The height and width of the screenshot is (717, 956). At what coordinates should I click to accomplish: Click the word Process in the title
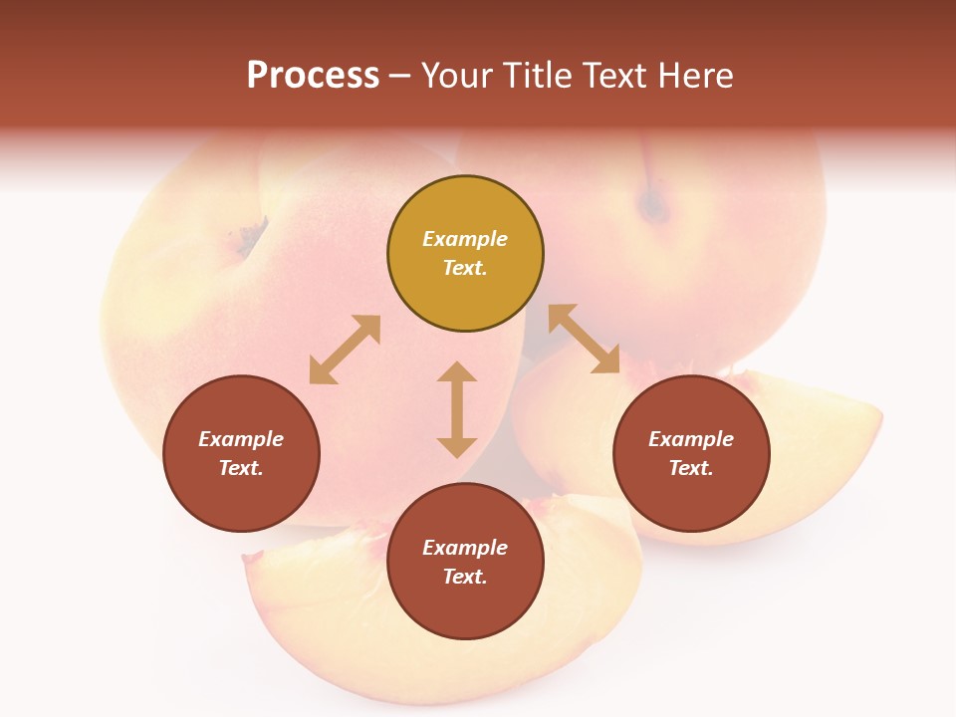[x=313, y=76]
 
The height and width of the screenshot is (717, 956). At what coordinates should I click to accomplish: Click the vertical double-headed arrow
[x=457, y=409]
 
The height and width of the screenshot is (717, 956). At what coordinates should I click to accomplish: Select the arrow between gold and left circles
[x=345, y=350]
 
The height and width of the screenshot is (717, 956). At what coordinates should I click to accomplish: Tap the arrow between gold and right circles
[x=584, y=339]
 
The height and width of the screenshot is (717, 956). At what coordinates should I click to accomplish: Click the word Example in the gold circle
[x=465, y=239]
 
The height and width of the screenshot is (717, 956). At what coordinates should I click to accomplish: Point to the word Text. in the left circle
[x=241, y=468]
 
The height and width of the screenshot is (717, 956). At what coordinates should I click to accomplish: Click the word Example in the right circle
[x=691, y=439]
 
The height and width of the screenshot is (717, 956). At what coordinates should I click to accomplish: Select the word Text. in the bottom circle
[x=465, y=577]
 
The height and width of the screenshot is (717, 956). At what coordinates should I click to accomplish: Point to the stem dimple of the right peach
[x=653, y=204]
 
